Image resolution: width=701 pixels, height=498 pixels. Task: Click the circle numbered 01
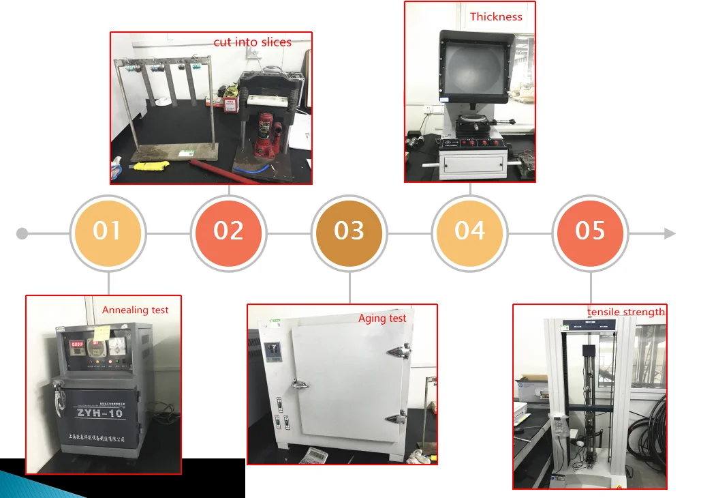tap(108, 232)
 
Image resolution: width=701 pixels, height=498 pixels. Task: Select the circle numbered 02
tap(228, 232)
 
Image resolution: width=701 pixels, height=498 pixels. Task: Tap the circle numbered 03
tap(349, 232)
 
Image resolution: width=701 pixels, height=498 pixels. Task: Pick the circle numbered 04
tap(470, 232)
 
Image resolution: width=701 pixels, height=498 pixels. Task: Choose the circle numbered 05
tap(590, 232)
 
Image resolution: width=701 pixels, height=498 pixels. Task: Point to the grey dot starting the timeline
tap(22, 234)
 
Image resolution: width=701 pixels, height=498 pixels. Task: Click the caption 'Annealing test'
tap(135, 310)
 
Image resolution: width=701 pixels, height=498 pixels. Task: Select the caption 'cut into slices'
tap(252, 42)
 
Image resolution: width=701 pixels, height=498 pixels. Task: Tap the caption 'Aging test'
tap(382, 318)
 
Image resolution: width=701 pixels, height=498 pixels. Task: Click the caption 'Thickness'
tap(496, 16)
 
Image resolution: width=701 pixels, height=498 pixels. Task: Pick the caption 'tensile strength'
tap(625, 312)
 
